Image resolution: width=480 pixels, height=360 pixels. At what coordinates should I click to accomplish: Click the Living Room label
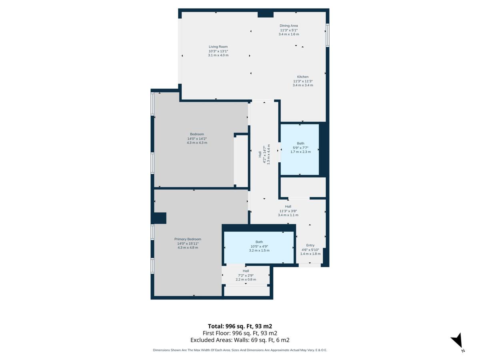218,46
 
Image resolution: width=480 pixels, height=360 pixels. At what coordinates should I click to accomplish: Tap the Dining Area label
289,26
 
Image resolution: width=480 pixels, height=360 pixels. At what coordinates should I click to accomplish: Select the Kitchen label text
303,77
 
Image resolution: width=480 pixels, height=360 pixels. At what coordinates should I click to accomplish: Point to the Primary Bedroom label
188,239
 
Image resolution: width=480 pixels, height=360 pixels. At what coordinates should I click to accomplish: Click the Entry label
310,245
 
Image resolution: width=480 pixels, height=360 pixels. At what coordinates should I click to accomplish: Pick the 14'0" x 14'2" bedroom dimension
197,138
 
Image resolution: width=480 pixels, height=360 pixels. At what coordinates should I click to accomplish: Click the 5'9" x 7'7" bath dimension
300,148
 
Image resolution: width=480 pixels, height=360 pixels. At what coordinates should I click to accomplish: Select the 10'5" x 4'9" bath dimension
259,246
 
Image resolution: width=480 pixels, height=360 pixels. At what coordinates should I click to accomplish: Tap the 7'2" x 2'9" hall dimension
246,276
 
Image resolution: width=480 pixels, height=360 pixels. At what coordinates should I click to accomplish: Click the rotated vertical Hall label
260,154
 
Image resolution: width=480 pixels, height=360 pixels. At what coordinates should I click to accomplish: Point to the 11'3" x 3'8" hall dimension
288,211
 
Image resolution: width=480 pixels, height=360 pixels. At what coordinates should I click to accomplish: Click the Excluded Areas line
240,340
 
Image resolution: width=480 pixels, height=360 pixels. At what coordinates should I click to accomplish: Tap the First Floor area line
240,333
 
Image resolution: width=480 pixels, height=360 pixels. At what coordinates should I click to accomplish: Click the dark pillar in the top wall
266,14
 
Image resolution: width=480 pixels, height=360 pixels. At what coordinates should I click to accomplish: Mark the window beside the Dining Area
327,35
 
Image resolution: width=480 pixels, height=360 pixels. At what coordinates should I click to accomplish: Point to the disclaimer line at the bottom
240,350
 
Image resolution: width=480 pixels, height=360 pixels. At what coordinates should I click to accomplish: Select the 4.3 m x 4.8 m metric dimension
188,248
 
